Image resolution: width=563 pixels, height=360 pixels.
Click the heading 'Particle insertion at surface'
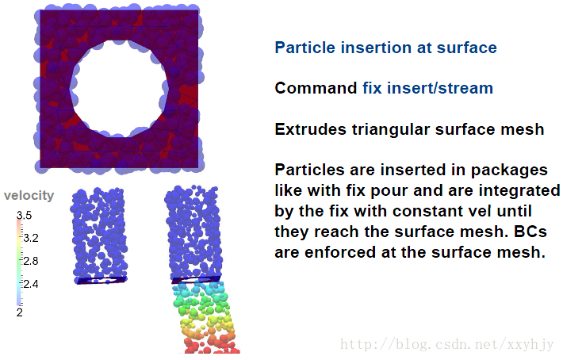[385, 48]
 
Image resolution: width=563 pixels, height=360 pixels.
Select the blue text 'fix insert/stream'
[427, 88]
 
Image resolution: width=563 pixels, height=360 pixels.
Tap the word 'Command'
[316, 88]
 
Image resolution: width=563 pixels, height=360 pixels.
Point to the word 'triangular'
[391, 130]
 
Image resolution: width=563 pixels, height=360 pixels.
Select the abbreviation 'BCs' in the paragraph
[530, 232]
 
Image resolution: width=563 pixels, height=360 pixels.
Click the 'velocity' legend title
[29, 196]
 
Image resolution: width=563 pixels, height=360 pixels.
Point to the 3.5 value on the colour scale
[24, 215]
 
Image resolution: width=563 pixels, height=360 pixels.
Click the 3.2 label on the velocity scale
[31, 238]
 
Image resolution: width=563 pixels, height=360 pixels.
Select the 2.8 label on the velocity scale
[31, 261]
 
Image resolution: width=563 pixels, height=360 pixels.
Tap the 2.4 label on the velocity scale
[31, 284]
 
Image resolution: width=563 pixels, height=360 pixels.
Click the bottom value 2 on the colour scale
[19, 312]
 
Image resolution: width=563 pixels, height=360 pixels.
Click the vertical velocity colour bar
[19, 262]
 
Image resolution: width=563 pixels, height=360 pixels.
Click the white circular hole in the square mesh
[120, 88]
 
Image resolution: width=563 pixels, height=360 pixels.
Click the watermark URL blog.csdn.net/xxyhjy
[447, 344]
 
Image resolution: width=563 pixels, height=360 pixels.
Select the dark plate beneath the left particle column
[101, 280]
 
